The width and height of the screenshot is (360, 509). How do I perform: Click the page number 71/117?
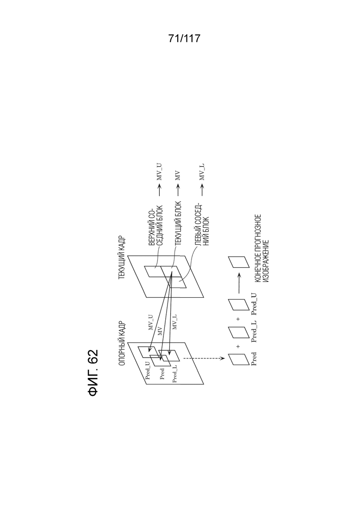point(184,39)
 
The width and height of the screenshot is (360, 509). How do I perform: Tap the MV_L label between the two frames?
point(175,322)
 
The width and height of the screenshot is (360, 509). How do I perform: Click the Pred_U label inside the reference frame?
point(148,370)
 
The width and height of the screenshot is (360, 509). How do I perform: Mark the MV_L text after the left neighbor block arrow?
point(201,177)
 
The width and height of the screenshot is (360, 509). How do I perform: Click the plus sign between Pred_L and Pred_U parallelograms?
point(238,319)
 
